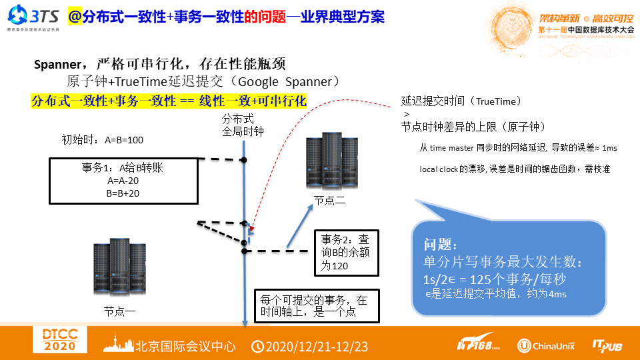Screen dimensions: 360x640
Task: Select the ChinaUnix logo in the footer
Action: tap(546, 345)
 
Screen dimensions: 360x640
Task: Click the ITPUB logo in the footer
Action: tap(607, 345)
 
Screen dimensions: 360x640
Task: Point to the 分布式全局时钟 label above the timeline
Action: tap(244, 125)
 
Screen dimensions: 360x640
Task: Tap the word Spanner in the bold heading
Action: tap(56, 65)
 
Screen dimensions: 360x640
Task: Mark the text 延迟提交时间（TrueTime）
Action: tap(461, 101)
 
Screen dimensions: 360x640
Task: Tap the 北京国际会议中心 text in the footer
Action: tap(186, 346)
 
